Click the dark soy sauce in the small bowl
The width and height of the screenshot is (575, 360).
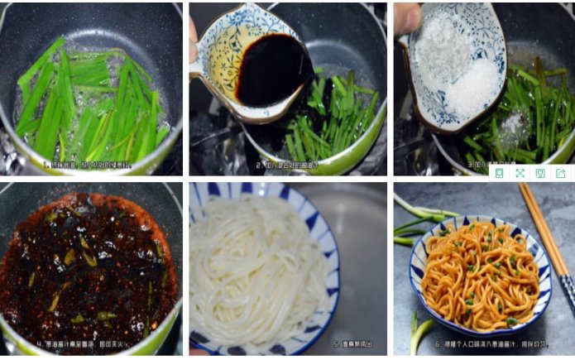[x=272, y=71]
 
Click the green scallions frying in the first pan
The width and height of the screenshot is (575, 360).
[x=91, y=99]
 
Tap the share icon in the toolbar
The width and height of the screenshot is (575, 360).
[x=560, y=173]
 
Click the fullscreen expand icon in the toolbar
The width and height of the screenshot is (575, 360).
[x=520, y=173]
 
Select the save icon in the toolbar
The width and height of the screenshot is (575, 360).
[x=540, y=173]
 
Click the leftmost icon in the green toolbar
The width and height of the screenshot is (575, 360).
[x=499, y=173]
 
